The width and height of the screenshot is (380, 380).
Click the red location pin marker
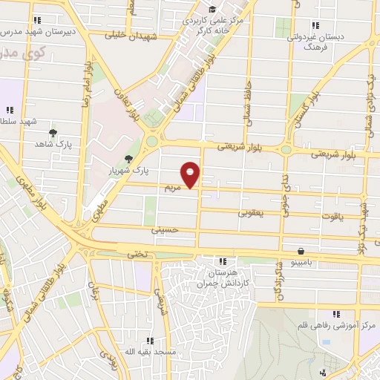(191, 174)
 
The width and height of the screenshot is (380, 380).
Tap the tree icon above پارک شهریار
(130, 157)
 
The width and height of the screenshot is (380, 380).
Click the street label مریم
(173, 189)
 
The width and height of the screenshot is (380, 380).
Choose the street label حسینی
(166, 230)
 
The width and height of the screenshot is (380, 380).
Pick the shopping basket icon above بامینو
(300, 251)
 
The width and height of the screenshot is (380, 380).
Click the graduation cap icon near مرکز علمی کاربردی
(213, 9)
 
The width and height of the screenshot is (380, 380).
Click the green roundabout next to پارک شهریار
(152, 141)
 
